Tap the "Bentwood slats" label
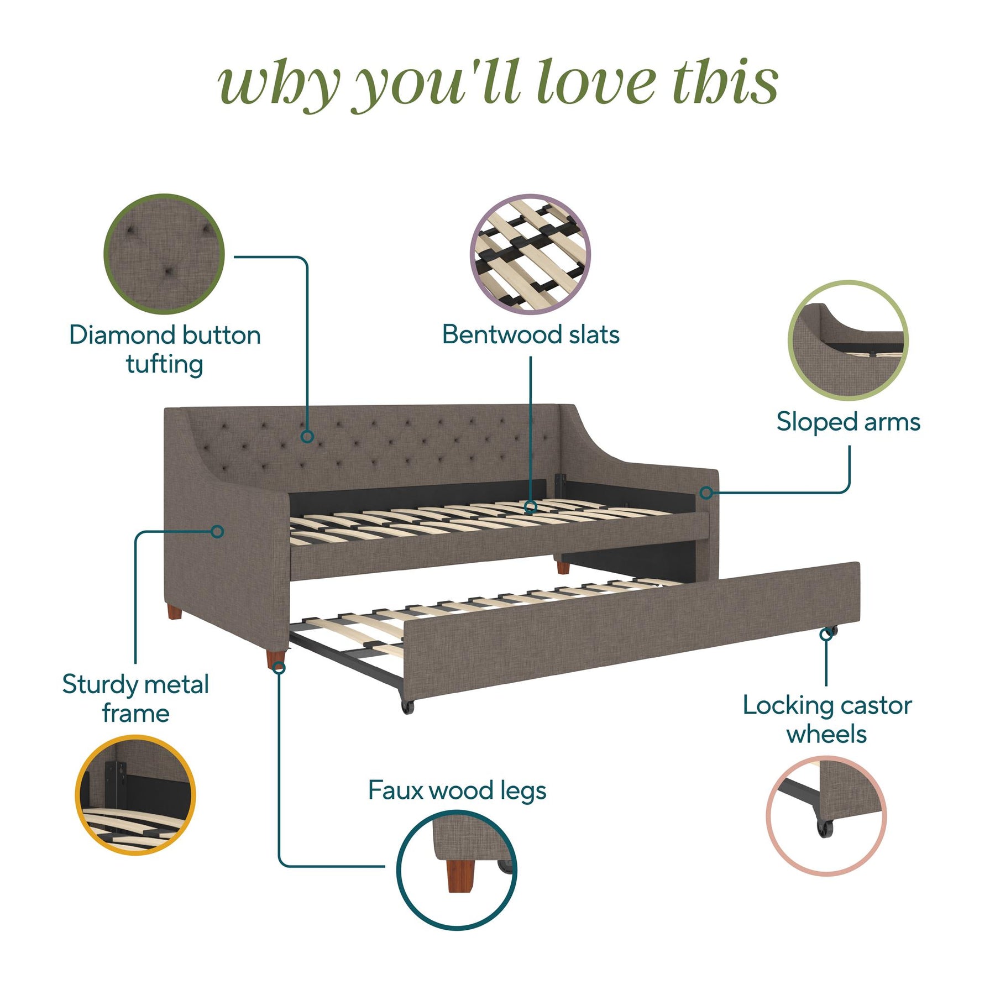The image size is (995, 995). [531, 334]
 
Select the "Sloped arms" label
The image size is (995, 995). [849, 422]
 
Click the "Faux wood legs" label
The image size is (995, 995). [457, 790]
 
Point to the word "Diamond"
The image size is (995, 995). [123, 335]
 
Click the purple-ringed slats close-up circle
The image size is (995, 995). [531, 254]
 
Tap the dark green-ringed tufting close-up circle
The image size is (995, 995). [164, 254]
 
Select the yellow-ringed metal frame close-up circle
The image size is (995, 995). [135, 795]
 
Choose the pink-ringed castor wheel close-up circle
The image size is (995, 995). [826, 816]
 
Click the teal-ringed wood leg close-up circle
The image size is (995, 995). [457, 870]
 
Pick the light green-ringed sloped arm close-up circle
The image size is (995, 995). [848, 341]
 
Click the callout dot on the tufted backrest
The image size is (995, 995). [307, 437]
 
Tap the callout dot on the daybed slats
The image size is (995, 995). [531, 506]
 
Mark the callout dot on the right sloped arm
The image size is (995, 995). [706, 493]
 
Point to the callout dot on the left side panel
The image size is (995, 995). [218, 532]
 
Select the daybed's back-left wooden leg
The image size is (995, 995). [175, 612]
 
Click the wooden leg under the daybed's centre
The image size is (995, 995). [562, 568]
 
